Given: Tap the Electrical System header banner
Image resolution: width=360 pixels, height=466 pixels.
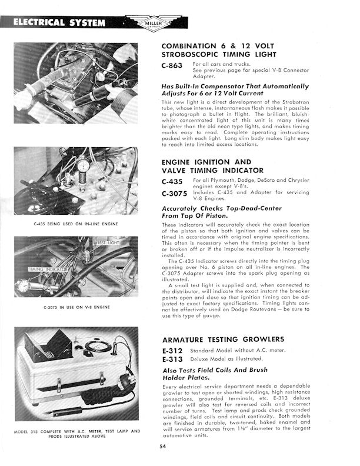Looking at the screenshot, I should coord(59,23).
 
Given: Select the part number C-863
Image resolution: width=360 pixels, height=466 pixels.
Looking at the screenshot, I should coord(172,66).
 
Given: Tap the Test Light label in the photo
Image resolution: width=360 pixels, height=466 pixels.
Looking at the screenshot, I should coord(108,242).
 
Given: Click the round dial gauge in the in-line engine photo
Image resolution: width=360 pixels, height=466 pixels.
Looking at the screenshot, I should coord(84,166).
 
